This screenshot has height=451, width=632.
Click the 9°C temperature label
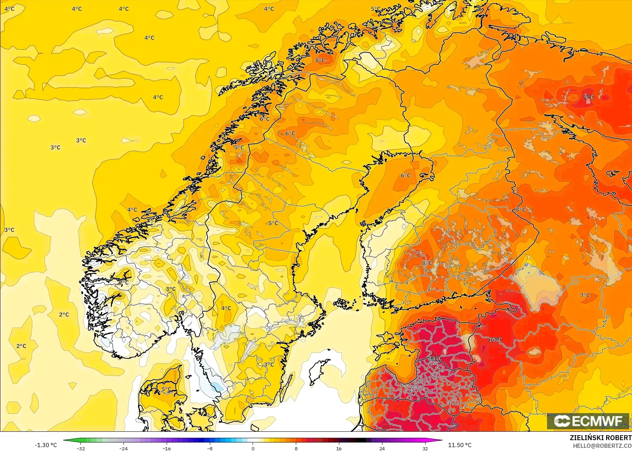589,97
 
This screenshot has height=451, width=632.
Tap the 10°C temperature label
495,340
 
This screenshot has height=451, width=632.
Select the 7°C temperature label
585,295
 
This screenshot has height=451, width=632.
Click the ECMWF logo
588,421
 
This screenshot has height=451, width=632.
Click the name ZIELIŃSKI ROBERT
600,438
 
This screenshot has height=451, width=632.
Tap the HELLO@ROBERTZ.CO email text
602,446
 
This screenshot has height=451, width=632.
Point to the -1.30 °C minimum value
46,445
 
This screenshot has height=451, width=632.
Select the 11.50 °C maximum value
460,445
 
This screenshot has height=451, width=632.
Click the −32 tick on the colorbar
81,448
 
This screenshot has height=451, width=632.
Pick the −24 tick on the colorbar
124,448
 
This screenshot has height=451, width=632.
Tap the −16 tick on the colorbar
167,448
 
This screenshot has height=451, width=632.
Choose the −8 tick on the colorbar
210,448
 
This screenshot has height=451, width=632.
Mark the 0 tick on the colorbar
253,448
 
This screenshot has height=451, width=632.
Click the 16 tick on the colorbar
339,448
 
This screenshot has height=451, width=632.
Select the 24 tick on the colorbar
382,448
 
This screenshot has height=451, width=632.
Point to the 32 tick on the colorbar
425,448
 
